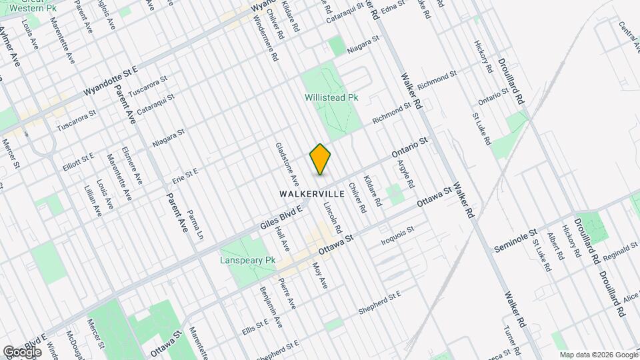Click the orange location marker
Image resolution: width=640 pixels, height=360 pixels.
[321, 159]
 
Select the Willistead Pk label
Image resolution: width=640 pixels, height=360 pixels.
[331, 97]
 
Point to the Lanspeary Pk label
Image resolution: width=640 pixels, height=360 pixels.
[247, 260]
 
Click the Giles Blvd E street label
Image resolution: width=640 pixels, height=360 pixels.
[281, 220]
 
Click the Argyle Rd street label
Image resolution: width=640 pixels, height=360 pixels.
[406, 173]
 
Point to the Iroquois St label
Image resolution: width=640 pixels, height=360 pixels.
[397, 234]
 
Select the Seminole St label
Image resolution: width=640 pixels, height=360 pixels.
[515, 242]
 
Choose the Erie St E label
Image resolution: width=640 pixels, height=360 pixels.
[185, 176]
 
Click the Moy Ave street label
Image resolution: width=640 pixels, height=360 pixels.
[321, 275]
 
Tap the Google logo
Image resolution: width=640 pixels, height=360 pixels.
[22, 351]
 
